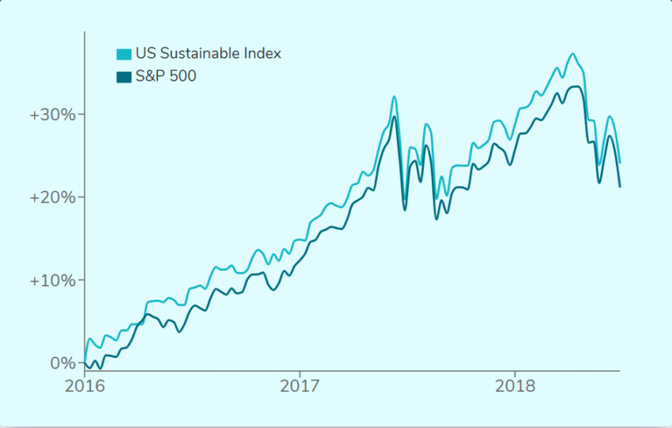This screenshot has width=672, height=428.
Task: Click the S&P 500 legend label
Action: (x=166, y=77)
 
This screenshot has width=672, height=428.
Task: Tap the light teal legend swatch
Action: (x=124, y=55)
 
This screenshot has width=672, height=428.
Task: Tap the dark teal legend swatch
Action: (x=124, y=77)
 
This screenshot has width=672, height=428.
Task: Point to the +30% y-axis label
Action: (x=52, y=114)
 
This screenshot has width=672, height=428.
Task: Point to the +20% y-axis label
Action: (x=52, y=197)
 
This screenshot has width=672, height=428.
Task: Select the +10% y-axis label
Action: (x=52, y=280)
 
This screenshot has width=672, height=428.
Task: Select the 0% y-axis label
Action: (x=62, y=363)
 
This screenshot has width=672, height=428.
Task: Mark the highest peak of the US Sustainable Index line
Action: (x=572, y=54)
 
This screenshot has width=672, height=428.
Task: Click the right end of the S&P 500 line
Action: (x=620, y=187)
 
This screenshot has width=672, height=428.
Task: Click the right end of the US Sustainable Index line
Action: (x=620, y=163)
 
